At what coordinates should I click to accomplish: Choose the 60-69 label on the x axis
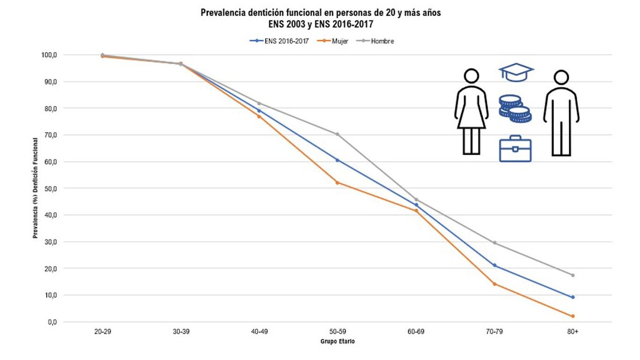pos(416,331)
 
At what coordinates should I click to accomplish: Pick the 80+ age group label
pos(573,331)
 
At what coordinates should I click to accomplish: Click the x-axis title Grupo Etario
pos(337,342)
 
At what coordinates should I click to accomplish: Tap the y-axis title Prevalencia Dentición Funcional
pos(36,187)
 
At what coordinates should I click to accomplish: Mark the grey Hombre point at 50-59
pos(337,134)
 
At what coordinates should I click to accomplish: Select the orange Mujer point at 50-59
pos(337,182)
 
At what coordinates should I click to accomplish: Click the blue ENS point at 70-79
pos(494,265)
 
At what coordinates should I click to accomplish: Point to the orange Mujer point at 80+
pos(573,316)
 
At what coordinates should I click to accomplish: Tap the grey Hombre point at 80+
pos(573,275)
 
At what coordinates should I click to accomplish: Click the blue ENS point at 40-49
pos(259,111)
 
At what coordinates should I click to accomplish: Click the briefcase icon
pos(515,149)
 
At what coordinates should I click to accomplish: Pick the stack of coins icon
pos(514,108)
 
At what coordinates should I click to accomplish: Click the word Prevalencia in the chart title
pos(222,13)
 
